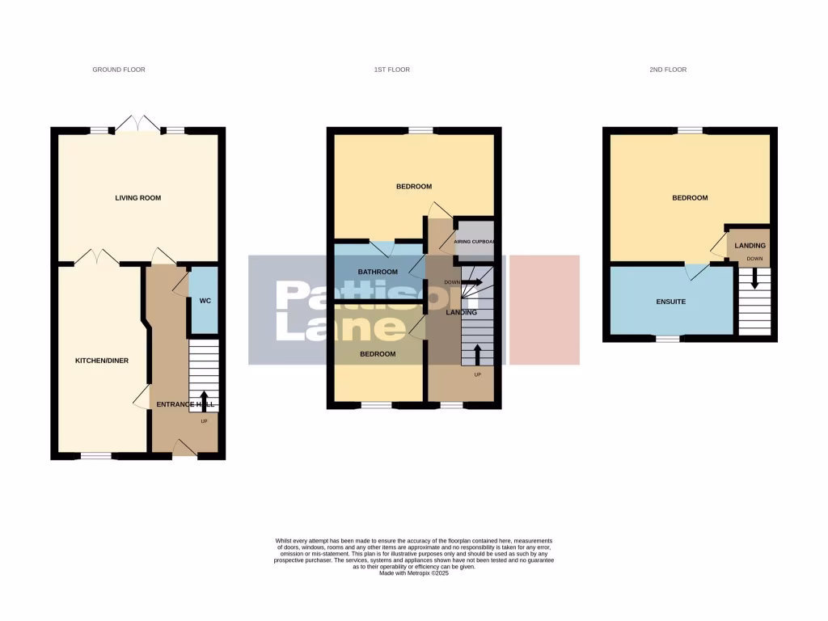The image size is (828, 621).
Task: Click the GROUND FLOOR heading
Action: point(119,70)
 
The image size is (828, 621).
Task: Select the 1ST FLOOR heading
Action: point(391,70)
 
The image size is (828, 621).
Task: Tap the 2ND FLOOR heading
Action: point(667,70)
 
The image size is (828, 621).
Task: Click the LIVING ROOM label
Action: point(138,197)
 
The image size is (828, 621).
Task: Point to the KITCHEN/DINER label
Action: point(101,361)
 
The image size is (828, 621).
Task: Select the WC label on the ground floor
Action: point(205,301)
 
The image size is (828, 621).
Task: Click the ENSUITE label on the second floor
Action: point(670,302)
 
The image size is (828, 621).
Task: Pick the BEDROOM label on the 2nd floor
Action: point(690,198)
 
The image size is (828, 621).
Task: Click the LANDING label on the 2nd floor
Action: point(750,245)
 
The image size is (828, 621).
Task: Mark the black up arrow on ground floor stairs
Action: point(204,399)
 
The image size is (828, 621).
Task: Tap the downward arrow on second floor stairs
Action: point(754,279)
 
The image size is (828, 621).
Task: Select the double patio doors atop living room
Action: point(137,124)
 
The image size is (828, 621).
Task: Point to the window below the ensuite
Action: point(667,339)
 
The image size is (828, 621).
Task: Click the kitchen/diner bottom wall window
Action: point(95,457)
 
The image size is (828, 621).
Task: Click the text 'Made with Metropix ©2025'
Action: point(413,572)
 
